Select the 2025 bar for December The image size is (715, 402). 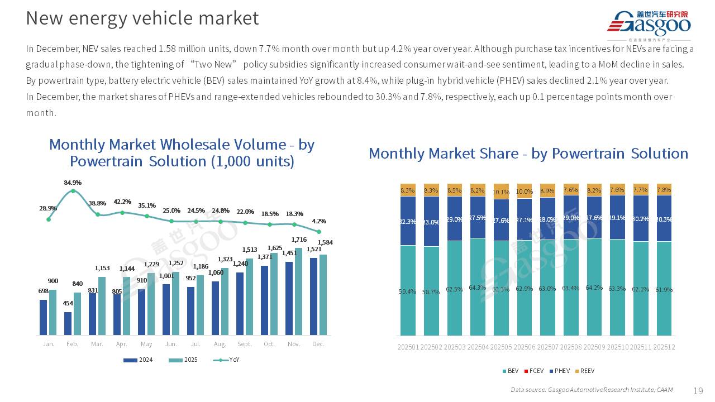point(323,295)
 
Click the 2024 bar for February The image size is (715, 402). point(68,323)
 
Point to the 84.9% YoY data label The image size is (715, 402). point(73,183)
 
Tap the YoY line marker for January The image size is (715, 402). point(49,219)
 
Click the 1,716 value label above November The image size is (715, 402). point(299,240)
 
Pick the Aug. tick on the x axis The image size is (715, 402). point(220,344)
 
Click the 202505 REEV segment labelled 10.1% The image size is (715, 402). point(502,192)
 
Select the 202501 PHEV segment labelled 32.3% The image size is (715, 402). point(408,221)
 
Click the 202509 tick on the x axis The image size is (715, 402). point(594,347)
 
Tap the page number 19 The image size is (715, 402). point(698,390)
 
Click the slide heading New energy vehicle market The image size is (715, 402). point(142,18)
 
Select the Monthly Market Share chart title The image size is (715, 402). point(528,154)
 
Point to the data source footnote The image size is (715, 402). point(592,390)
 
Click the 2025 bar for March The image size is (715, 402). point(102,306)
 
